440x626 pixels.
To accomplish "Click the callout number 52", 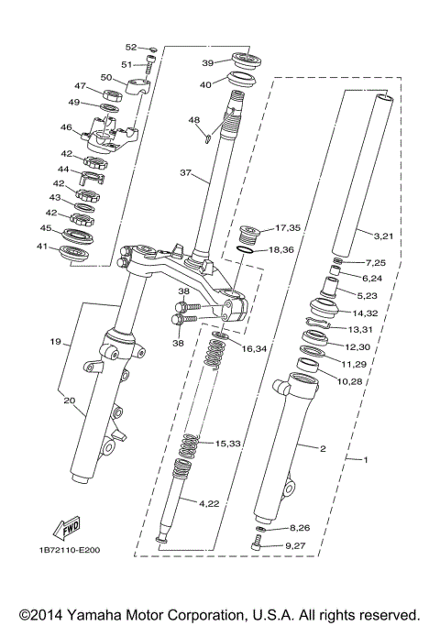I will click(x=130, y=47).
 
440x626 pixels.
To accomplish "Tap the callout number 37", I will click(x=186, y=172).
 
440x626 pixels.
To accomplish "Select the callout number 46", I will click(x=66, y=127).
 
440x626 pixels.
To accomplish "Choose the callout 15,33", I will click(x=228, y=444).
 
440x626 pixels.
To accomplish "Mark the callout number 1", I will click(x=366, y=458).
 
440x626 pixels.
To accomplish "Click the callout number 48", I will click(x=193, y=120).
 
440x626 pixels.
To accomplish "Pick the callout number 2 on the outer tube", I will click(x=322, y=449).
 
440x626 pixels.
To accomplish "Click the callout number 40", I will click(x=206, y=84).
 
